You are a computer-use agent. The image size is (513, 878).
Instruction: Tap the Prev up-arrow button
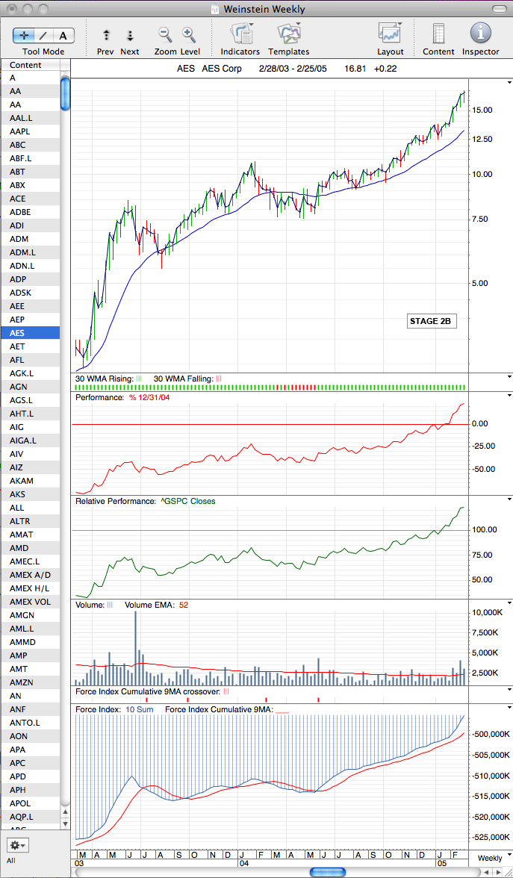[106, 35]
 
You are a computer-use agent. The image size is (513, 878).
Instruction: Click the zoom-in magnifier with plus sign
[190, 34]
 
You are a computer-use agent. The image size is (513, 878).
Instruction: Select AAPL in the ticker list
[19, 131]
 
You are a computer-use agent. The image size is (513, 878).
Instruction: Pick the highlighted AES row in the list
[30, 333]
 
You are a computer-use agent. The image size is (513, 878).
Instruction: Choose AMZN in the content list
[21, 682]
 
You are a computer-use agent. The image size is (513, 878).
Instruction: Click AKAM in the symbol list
[21, 481]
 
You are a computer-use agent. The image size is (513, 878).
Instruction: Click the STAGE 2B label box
[429, 321]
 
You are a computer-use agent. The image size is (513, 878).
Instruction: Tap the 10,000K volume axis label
[482, 612]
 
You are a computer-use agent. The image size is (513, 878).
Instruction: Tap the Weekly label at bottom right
[490, 859]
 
